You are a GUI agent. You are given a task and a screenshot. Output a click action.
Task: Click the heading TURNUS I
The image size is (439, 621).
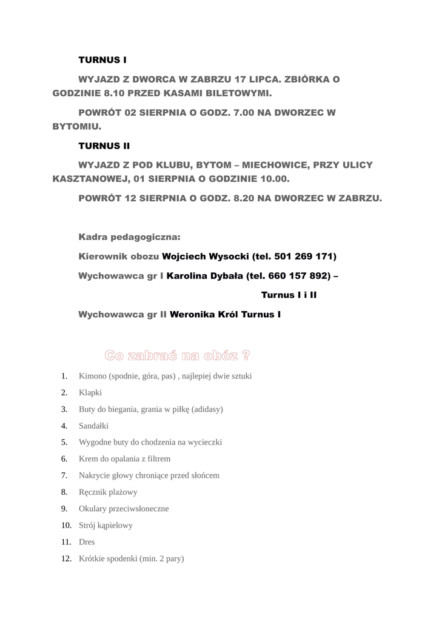pyautogui.click(x=102, y=60)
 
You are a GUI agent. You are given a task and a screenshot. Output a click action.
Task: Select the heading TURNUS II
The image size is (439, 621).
pyautogui.click(x=104, y=146)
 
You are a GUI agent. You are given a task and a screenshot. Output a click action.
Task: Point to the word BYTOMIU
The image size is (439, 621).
pyautogui.click(x=76, y=127)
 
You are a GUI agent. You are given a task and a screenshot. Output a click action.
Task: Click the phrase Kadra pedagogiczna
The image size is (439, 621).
pyautogui.click(x=129, y=237)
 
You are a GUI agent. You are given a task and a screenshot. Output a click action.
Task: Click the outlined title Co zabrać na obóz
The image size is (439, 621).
pyautogui.click(x=177, y=355)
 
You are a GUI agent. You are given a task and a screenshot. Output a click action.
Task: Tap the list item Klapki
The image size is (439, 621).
pyautogui.click(x=90, y=392)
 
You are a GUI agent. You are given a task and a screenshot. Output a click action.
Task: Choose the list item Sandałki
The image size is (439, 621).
pyautogui.click(x=93, y=426)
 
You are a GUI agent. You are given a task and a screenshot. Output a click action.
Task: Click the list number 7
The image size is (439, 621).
pyautogui.click(x=64, y=475)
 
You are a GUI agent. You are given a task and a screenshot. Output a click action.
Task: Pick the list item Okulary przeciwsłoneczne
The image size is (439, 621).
pyautogui.click(x=124, y=509)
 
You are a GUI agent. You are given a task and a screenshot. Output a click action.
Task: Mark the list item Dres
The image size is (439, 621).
pyautogui.click(x=87, y=542)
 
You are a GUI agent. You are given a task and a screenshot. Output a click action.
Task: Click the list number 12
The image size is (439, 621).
pyautogui.click(x=66, y=559)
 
